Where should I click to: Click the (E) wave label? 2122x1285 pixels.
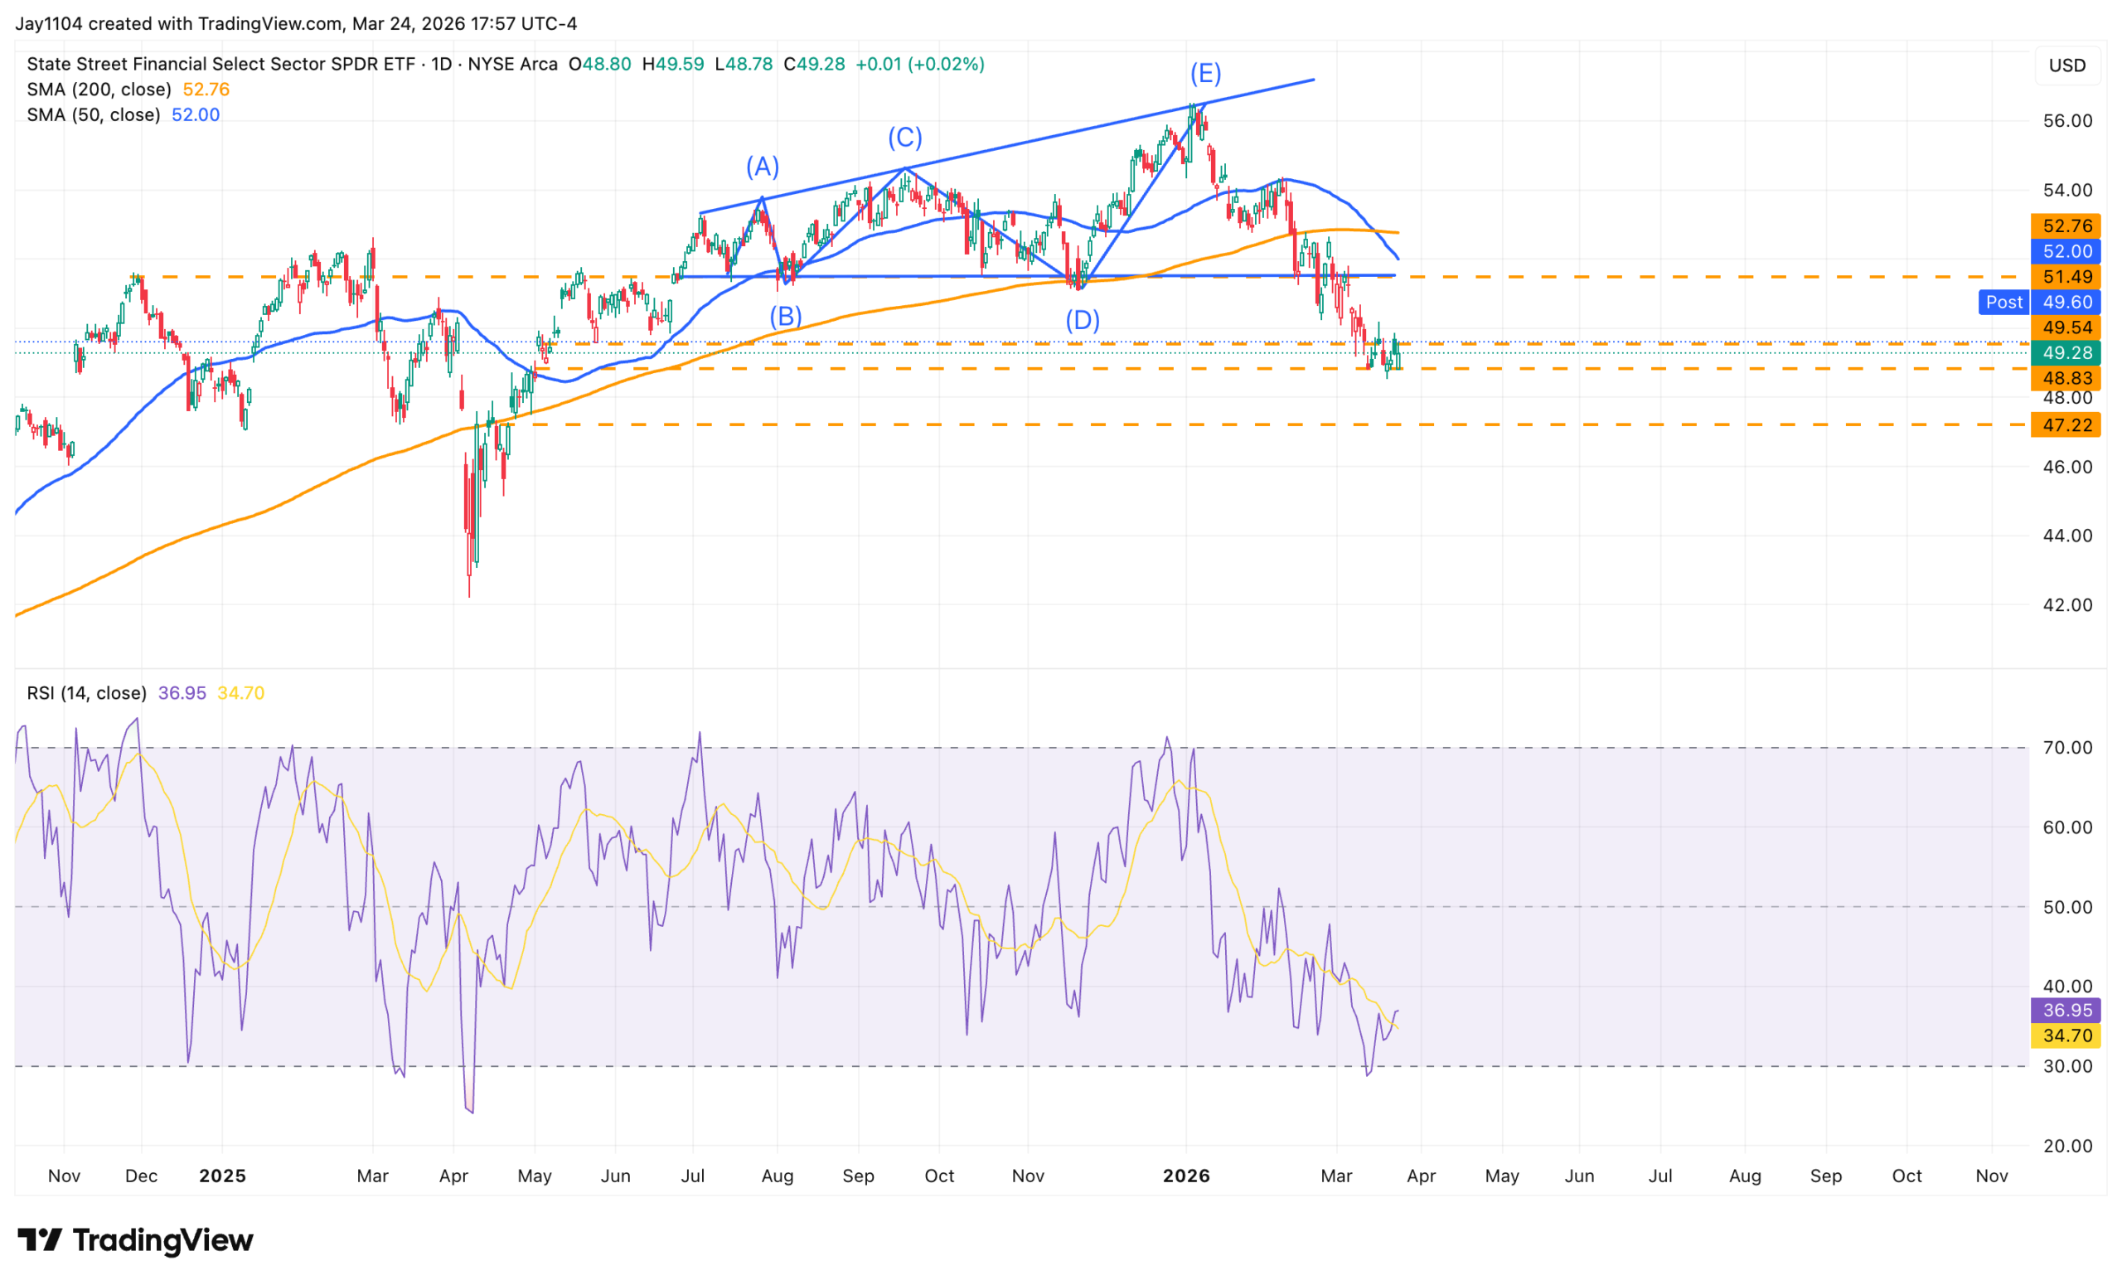(x=1205, y=74)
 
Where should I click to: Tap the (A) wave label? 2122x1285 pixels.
(x=762, y=167)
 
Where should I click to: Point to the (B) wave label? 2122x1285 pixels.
(x=786, y=316)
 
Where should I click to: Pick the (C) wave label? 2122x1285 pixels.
(x=905, y=138)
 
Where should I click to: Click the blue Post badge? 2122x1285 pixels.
(x=2004, y=303)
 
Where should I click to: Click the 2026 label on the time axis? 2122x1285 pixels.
(x=1186, y=1176)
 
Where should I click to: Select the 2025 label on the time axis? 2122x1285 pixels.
(x=222, y=1176)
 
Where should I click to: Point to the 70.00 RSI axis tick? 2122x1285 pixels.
(x=2067, y=748)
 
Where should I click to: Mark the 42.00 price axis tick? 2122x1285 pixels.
(x=2067, y=605)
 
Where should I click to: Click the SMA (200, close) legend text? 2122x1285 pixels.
(x=98, y=90)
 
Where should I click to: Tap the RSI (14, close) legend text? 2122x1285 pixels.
(x=86, y=693)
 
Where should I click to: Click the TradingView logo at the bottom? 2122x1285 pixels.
(x=135, y=1240)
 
